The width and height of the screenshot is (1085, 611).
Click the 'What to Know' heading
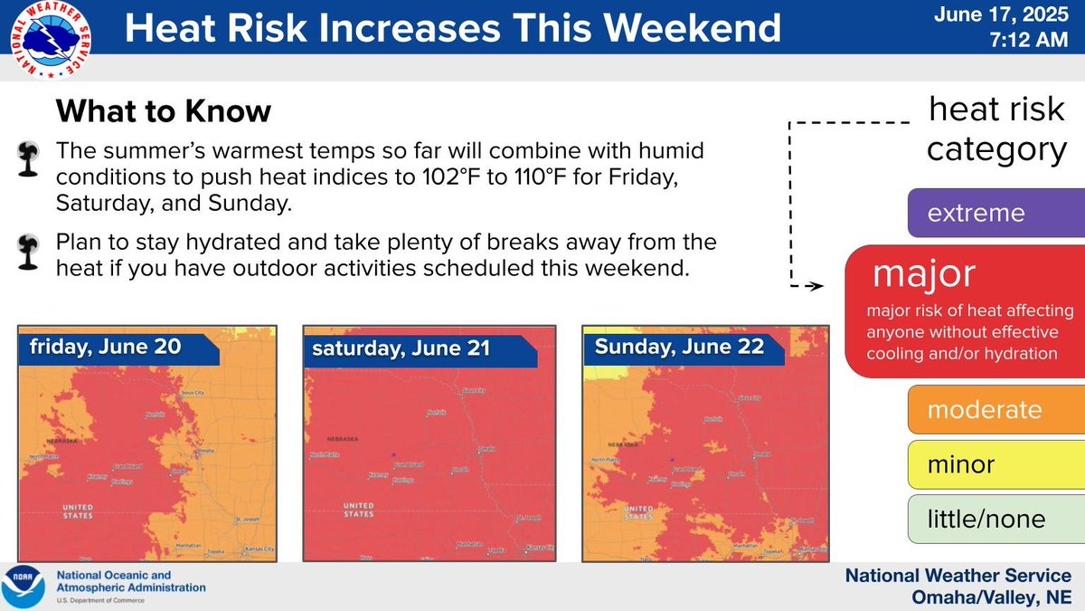click(163, 112)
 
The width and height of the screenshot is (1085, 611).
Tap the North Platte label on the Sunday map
click(604, 460)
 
